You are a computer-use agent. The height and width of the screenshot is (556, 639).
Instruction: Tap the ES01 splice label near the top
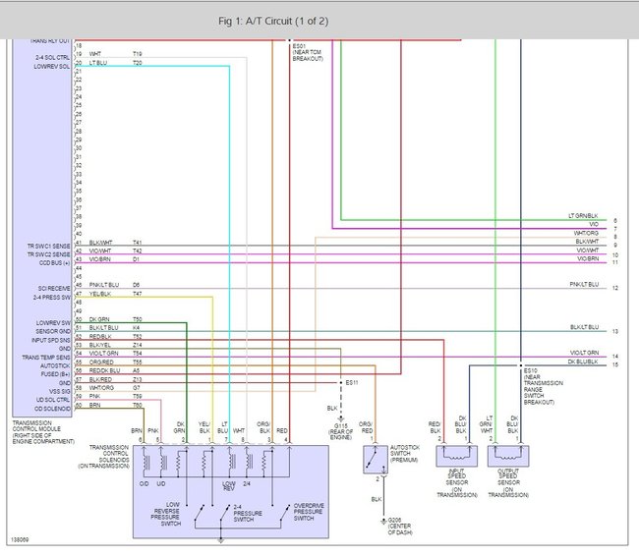tap(299, 45)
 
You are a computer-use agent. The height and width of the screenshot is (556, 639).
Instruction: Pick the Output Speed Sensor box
tap(507, 458)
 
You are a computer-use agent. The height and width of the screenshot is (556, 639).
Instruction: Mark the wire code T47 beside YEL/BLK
tap(137, 294)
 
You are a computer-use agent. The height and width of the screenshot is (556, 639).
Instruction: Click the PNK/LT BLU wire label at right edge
tap(584, 285)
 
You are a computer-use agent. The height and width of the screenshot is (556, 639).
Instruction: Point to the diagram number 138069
tap(19, 538)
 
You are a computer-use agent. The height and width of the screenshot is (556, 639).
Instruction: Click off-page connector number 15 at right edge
tap(614, 364)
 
